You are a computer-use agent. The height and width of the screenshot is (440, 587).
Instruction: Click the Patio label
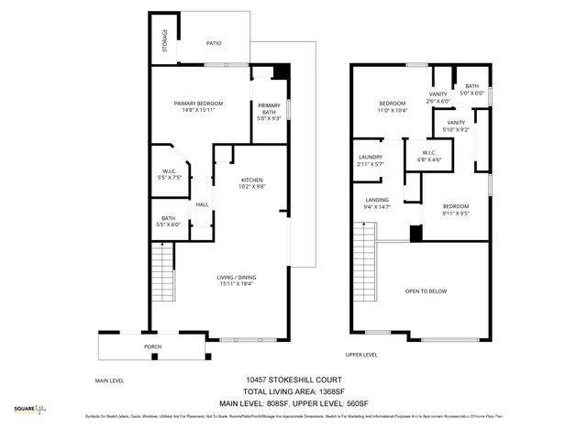tap(214, 42)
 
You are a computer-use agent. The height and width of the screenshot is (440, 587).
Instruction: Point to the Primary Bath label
tap(269, 110)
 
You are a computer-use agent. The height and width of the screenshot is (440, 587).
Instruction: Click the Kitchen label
tap(252, 183)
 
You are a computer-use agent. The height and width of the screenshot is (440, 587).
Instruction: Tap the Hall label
tap(203, 204)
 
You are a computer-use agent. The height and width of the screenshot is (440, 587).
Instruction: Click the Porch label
tap(153, 347)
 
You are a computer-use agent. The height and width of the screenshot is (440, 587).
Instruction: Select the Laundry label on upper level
tap(370, 160)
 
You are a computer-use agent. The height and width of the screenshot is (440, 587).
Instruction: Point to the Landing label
tap(376, 204)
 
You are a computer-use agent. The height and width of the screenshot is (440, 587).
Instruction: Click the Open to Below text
tap(426, 291)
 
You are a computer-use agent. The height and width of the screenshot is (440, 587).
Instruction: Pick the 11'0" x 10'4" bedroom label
tap(393, 107)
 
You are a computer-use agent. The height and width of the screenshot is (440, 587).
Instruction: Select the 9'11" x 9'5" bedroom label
tap(456, 212)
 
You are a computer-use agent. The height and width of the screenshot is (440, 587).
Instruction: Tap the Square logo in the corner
tap(30, 410)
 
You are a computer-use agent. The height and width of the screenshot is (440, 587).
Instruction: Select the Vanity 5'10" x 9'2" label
tap(456, 126)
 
